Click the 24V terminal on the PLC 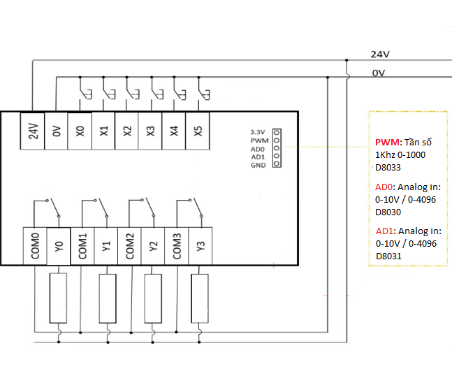tap(33, 131)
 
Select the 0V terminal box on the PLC tap(57, 131)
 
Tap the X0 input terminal tap(80, 131)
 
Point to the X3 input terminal tap(151, 131)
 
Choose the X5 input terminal tap(198, 131)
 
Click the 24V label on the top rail tap(379, 55)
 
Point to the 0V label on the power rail tap(378, 73)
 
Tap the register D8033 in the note tap(388, 167)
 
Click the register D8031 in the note tap(388, 256)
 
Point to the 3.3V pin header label tap(259, 132)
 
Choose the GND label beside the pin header tap(258, 165)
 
